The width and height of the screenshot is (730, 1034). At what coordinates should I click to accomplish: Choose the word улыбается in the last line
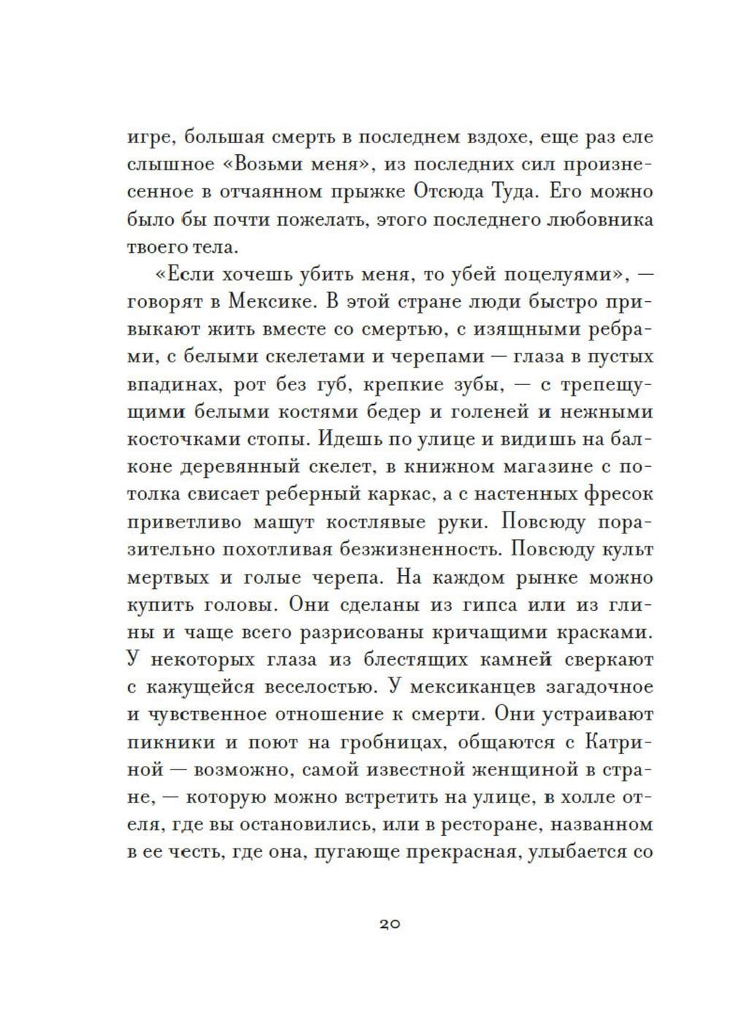tap(572, 853)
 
